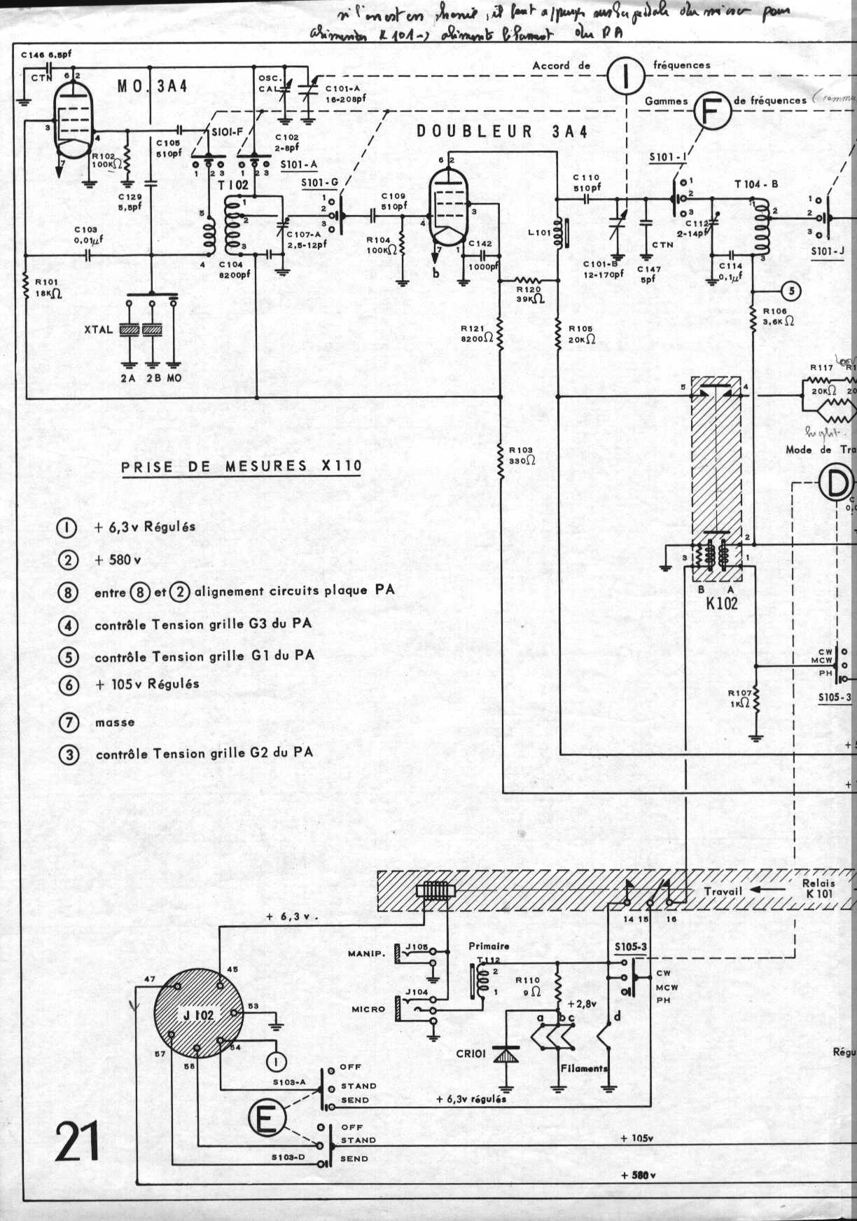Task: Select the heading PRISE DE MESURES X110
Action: click(242, 467)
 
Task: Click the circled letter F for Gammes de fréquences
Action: click(711, 111)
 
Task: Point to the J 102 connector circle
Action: click(198, 1014)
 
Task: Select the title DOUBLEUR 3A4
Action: click(501, 132)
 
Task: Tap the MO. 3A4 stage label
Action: click(152, 87)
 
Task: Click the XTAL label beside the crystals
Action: click(98, 330)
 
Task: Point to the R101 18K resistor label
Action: click(48, 288)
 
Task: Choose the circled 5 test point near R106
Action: click(790, 290)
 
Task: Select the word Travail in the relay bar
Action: click(723, 891)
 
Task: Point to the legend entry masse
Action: click(115, 722)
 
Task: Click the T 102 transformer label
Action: click(232, 185)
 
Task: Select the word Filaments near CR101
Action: click(584, 1068)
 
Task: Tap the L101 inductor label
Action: click(539, 232)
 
